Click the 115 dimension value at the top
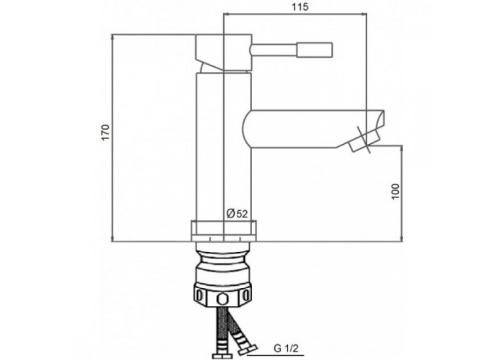click(300, 6)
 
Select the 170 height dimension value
click(106, 132)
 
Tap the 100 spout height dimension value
click(396, 192)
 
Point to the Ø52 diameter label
click(237, 214)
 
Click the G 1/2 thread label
click(287, 348)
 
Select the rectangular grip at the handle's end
click(315, 50)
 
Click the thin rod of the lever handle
click(274, 50)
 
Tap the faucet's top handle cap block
click(223, 51)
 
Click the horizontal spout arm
click(309, 129)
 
